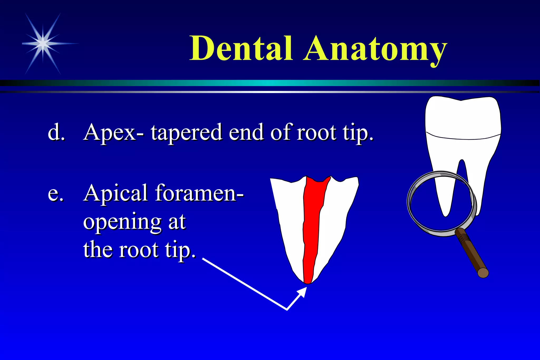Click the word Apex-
click(114, 133)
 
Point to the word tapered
click(186, 133)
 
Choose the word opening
click(122, 222)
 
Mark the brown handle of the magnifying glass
click(472, 253)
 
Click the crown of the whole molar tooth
click(463, 117)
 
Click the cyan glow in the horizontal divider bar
click(269, 83)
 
